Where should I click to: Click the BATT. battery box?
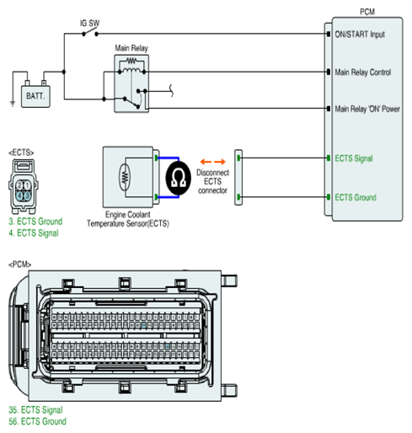(x=35, y=96)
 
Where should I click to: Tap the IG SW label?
(x=90, y=23)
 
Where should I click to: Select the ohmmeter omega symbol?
(x=179, y=178)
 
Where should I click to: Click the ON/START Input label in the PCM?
(x=360, y=35)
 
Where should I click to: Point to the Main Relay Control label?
(x=362, y=72)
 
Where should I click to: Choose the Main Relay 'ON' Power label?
(x=367, y=109)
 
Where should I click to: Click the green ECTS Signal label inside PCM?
(x=354, y=158)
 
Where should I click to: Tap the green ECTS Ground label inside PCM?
(x=356, y=197)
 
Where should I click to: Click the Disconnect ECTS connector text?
(x=212, y=181)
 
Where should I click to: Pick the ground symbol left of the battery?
(x=13, y=104)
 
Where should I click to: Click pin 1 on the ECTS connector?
(x=27, y=185)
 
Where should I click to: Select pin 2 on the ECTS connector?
(x=19, y=185)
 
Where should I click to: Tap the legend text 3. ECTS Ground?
(x=35, y=222)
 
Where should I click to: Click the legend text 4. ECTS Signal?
(x=34, y=233)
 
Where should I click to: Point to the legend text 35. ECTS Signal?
(x=35, y=410)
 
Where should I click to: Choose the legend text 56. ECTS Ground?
(x=37, y=421)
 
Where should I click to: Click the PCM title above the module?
(x=367, y=12)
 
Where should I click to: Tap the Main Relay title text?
(x=131, y=48)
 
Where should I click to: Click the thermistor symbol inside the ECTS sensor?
(x=125, y=178)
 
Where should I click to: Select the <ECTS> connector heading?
(x=21, y=152)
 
